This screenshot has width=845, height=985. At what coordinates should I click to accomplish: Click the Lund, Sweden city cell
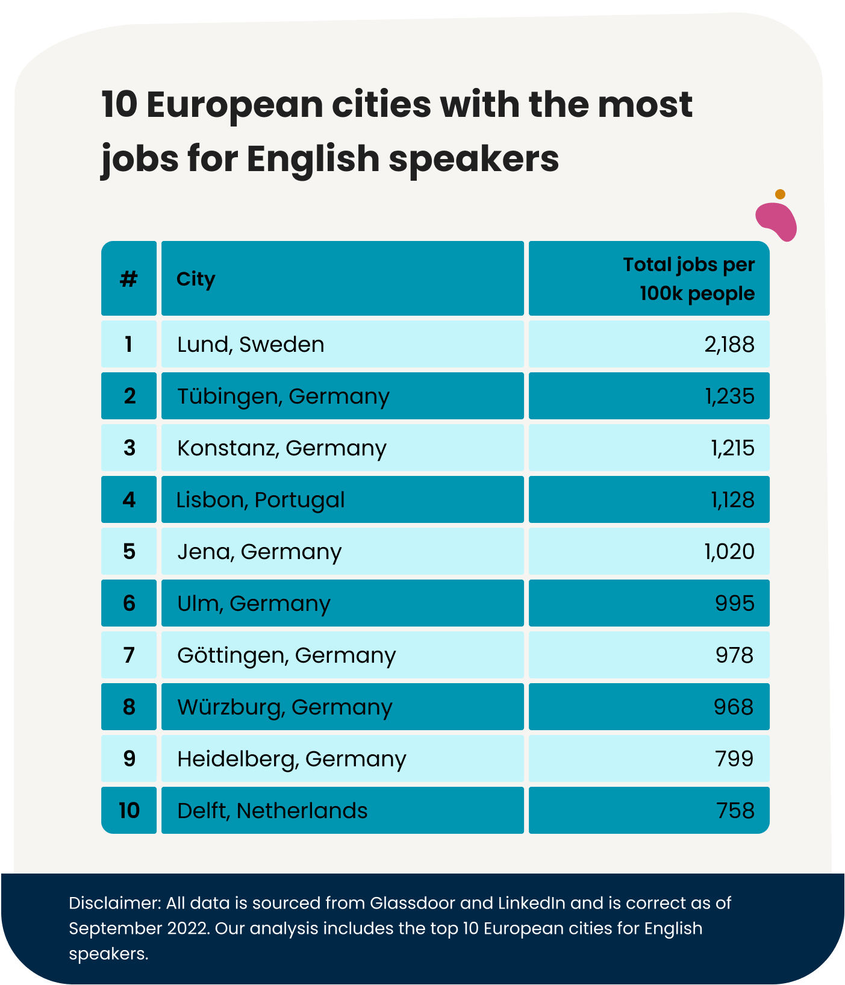click(251, 345)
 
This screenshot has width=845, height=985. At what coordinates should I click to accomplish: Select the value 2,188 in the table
click(729, 345)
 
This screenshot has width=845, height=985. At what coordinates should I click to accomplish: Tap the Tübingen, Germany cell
click(283, 396)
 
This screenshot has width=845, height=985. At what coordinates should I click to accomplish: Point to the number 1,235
click(729, 396)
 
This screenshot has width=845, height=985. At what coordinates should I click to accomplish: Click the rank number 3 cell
click(129, 448)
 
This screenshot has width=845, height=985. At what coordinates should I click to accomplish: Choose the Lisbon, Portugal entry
click(260, 500)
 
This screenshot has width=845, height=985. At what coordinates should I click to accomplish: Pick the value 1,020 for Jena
click(729, 552)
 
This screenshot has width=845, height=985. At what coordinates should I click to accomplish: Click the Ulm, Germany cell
click(254, 604)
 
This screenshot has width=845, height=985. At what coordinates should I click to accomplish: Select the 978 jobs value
click(734, 655)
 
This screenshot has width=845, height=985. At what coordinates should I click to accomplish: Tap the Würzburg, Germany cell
click(284, 707)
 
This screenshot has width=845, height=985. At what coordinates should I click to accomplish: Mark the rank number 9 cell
click(129, 759)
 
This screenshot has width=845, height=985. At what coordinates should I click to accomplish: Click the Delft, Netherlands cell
click(272, 811)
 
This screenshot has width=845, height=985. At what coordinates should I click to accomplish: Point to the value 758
click(735, 811)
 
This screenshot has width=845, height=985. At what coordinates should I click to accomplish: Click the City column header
click(196, 279)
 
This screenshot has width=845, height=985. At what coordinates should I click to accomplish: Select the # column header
click(129, 279)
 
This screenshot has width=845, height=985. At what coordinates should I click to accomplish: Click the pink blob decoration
click(776, 221)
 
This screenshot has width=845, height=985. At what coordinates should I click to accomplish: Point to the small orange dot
click(780, 194)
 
